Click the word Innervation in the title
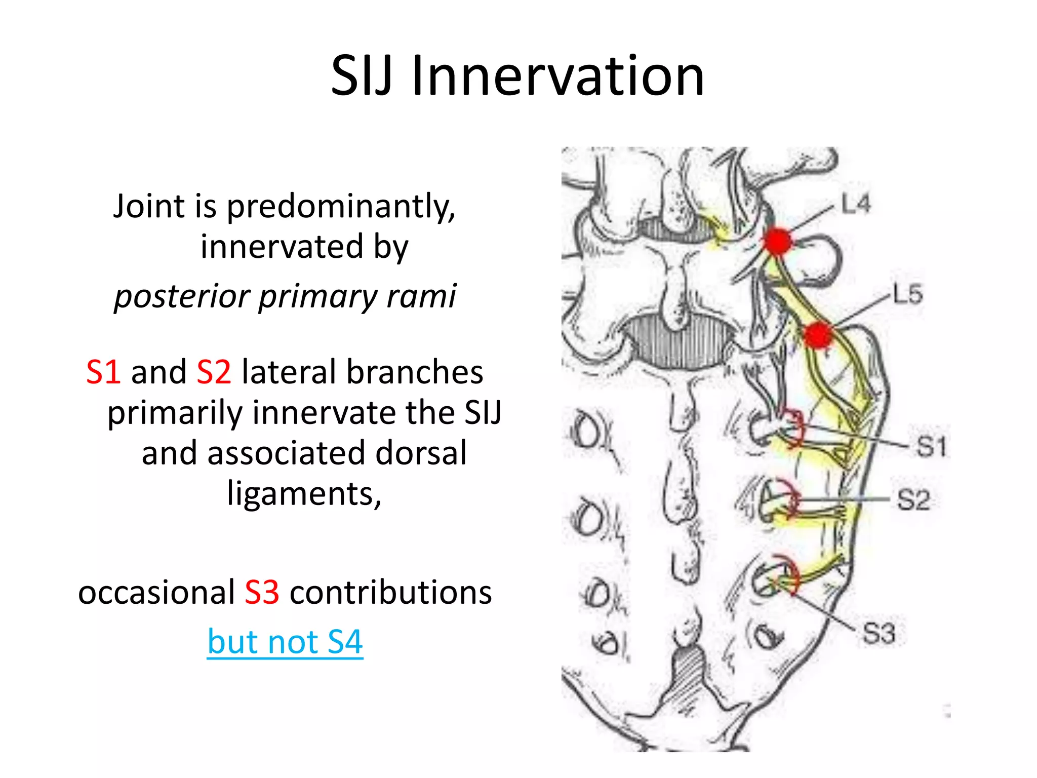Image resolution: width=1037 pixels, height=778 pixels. coord(558,76)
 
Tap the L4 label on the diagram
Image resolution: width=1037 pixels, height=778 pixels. coord(856,204)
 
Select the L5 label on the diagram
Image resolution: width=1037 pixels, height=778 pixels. coord(907,294)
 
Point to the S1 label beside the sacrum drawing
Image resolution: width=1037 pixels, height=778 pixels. coord(931,447)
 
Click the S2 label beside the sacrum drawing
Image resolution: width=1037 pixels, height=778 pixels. coord(913,500)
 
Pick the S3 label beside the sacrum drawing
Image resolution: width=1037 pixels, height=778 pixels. coord(879,633)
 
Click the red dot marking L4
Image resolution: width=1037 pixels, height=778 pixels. coord(777,241)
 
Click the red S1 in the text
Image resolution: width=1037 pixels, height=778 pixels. coord(103,372)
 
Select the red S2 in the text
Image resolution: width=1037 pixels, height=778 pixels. coord(214,372)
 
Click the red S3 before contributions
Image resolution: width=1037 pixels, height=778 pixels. coord(262,592)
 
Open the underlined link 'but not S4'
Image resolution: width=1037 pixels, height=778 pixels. coord(285,642)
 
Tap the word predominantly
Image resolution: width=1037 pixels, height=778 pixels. coord(341,208)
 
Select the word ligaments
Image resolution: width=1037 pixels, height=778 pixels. coord(304,494)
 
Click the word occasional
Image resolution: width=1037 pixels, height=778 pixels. coord(156,592)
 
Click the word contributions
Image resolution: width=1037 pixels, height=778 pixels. coord(390,592)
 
